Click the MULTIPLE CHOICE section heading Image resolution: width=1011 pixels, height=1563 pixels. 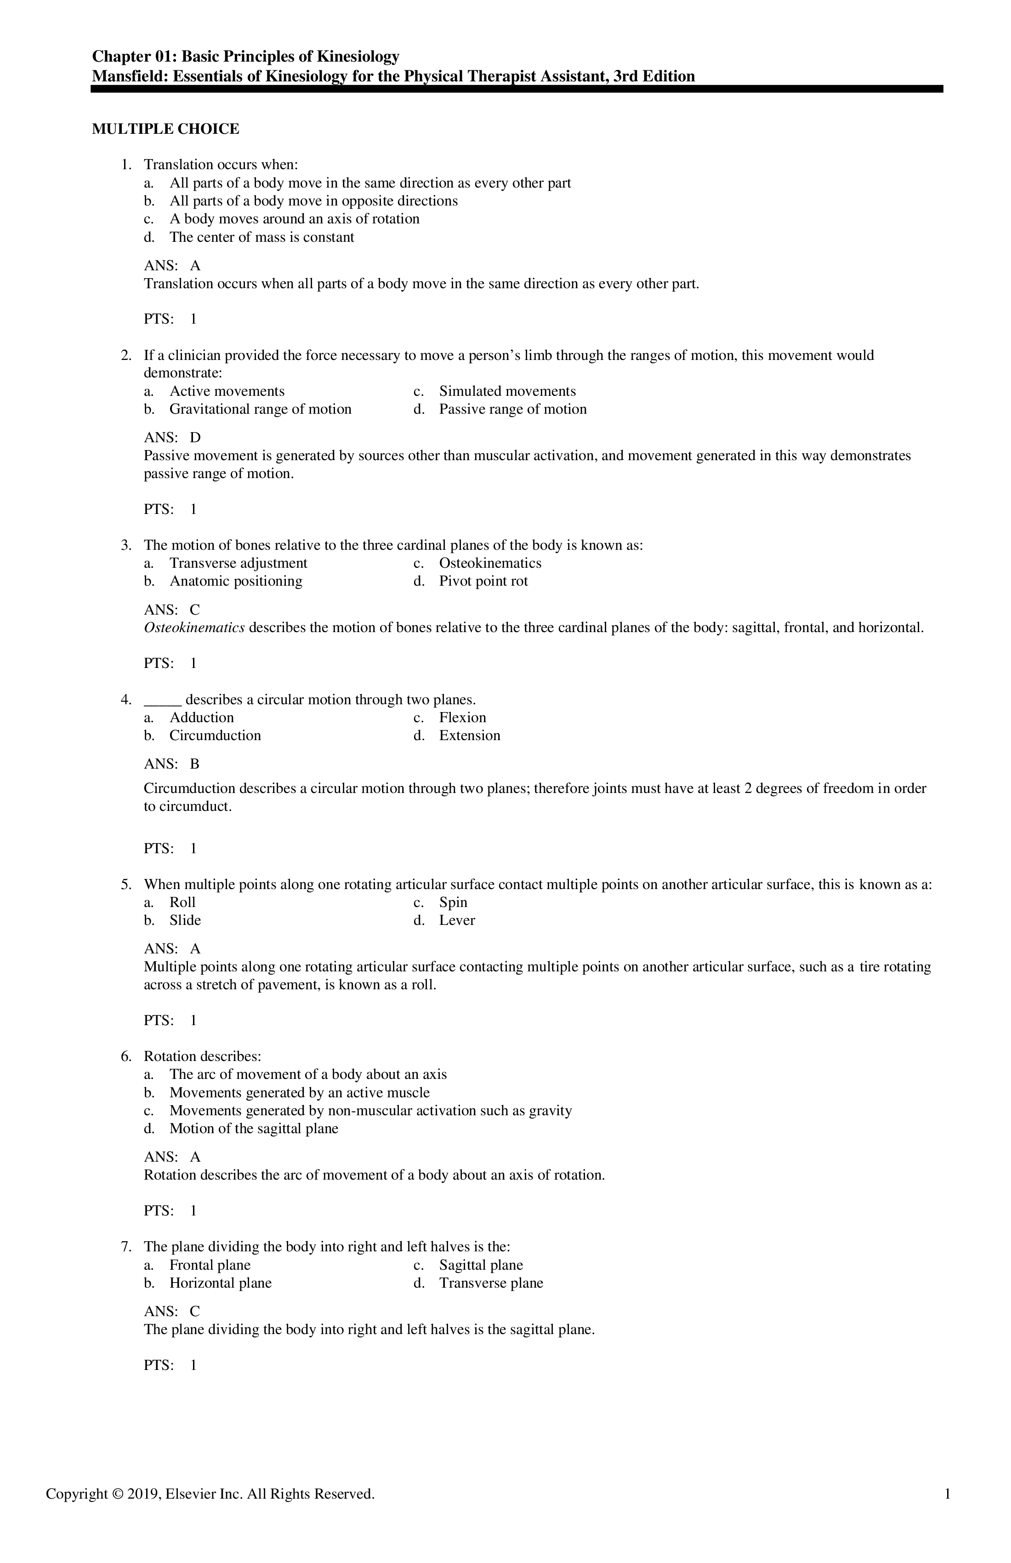tap(165, 129)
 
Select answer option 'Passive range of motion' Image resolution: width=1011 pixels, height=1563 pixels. tap(513, 409)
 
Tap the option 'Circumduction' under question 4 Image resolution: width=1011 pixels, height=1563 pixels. tap(215, 736)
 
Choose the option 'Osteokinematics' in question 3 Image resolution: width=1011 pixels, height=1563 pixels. tap(490, 563)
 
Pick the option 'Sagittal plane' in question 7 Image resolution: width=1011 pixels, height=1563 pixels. tap(481, 1265)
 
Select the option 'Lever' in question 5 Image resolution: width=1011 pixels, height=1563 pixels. tap(457, 920)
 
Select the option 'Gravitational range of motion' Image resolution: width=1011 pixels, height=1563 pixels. tap(260, 409)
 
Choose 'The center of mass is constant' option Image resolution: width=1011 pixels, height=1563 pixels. tap(261, 237)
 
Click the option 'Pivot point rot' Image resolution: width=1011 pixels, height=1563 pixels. tap(483, 581)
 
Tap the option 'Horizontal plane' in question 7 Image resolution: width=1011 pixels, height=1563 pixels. tap(220, 1283)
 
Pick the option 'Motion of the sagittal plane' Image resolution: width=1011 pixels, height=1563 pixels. tap(253, 1128)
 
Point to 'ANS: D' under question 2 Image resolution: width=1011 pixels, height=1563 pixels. tap(172, 437)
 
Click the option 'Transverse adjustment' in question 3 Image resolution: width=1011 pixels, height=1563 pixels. tap(239, 563)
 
